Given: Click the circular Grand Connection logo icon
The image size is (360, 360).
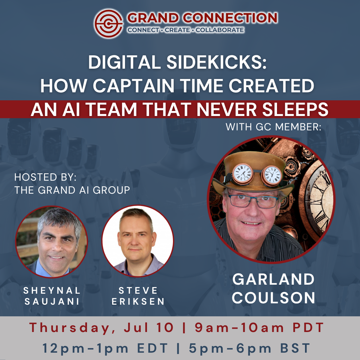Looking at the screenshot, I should point(108,23).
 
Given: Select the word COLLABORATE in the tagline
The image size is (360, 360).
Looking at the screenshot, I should point(220,30).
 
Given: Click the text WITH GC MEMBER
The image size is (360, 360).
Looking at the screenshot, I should point(273,127).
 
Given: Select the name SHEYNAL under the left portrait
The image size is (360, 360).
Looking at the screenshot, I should point(52,290).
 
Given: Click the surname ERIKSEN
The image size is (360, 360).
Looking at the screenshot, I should point(138,301).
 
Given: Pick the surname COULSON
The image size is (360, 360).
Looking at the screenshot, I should point(274,297).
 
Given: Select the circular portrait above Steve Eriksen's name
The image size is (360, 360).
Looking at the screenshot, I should point(138,241).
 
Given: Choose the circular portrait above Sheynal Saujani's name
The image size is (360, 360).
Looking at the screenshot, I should point(51,241).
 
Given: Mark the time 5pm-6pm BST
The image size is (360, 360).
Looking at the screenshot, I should point(250,348).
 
